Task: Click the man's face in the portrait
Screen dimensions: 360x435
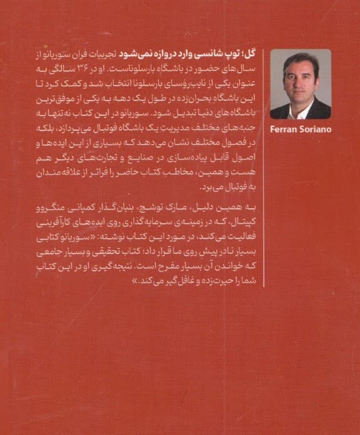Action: (x=300, y=78)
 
